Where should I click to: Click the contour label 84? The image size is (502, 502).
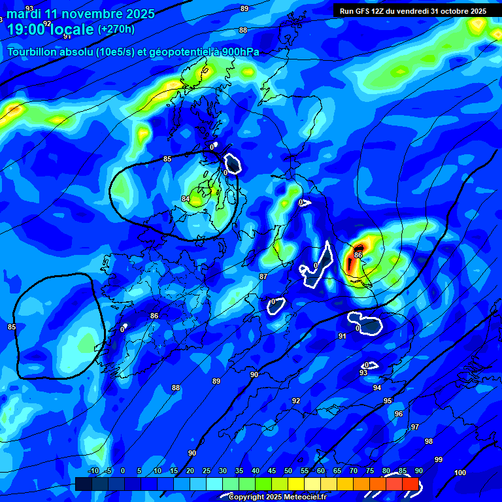[x=186, y=199]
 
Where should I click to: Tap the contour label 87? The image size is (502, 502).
[x=263, y=276]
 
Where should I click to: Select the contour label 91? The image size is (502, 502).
[x=342, y=336]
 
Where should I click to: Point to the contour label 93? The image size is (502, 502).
[x=363, y=373]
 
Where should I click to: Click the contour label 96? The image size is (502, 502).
[x=399, y=414]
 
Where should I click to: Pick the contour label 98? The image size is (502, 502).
[x=429, y=441]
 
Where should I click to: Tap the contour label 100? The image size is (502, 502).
[x=460, y=472]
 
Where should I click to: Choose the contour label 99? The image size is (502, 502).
[x=439, y=460]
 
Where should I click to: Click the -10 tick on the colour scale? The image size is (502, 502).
[x=93, y=471]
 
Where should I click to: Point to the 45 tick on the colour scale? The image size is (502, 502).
[x=272, y=471]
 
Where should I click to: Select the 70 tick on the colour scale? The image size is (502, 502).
[x=354, y=471]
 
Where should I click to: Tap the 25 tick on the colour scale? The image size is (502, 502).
[x=207, y=471]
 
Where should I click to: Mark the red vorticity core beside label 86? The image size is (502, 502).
[x=350, y=263]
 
